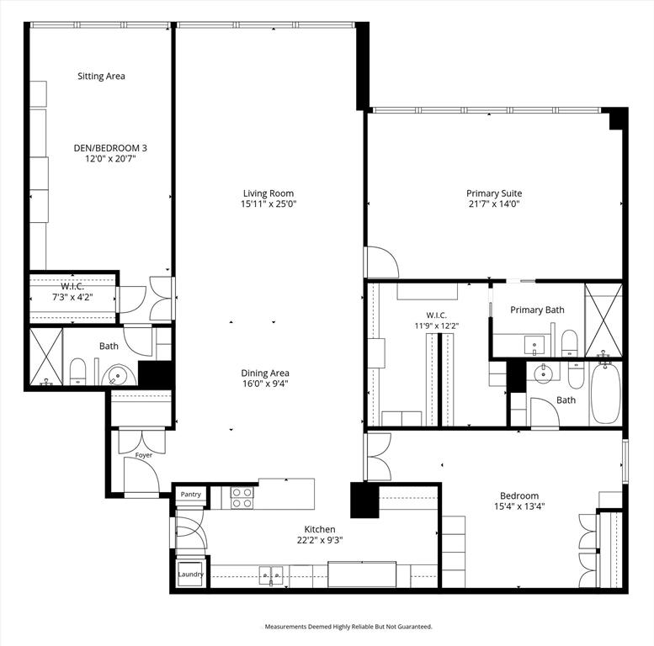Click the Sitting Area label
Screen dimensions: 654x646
pos(101,76)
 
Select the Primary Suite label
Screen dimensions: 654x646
pos(494,193)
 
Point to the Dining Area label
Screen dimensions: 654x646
pos(265,373)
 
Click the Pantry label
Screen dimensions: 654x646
pos(190,495)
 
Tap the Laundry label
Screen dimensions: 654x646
pos(190,574)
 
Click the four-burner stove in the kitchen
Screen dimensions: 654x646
pos(242,498)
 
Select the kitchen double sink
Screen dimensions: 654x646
pos(271,575)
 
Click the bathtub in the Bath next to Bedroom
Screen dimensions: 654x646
pos(604,394)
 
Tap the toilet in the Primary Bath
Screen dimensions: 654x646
pos(569,343)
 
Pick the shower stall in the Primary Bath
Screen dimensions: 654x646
pos(603,320)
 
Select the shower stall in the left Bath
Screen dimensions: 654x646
pos(46,357)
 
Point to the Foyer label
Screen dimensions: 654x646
pos(144,455)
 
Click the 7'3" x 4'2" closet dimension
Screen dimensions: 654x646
pos(72,297)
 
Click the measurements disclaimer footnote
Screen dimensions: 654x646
pos(348,627)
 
